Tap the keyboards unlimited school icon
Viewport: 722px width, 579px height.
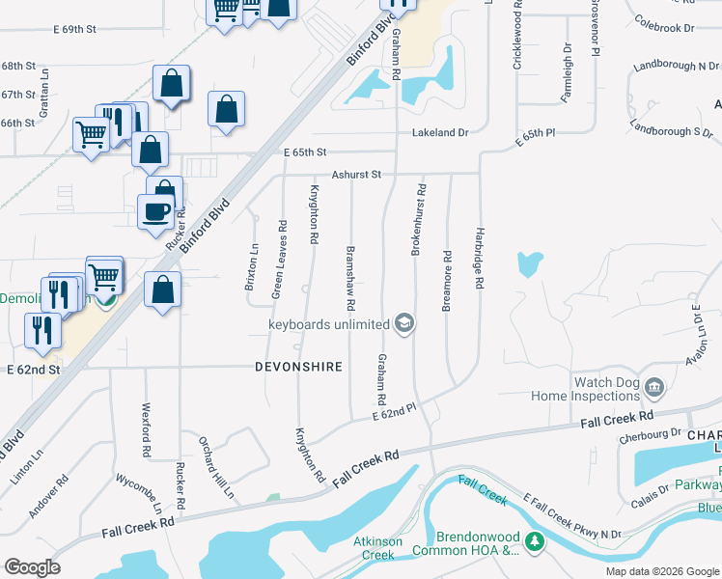pyautogui.click(x=405, y=324)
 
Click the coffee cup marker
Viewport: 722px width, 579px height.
pyautogui.click(x=155, y=212)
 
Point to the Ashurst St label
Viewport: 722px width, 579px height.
pyautogui.click(x=357, y=175)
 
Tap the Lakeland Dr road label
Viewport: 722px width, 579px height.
pyautogui.click(x=440, y=132)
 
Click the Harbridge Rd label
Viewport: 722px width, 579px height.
pyautogui.click(x=478, y=258)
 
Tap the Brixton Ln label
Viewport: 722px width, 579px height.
pyautogui.click(x=252, y=267)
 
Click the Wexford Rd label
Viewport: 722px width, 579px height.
pyautogui.click(x=147, y=429)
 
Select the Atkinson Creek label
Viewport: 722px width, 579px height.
pyautogui.click(x=377, y=548)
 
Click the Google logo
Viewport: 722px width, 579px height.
pyautogui.click(x=32, y=567)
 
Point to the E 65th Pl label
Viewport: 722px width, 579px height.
pyautogui.click(x=538, y=135)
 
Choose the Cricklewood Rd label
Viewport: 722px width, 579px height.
pyautogui.click(x=518, y=34)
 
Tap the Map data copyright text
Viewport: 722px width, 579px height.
pyautogui.click(x=662, y=571)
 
